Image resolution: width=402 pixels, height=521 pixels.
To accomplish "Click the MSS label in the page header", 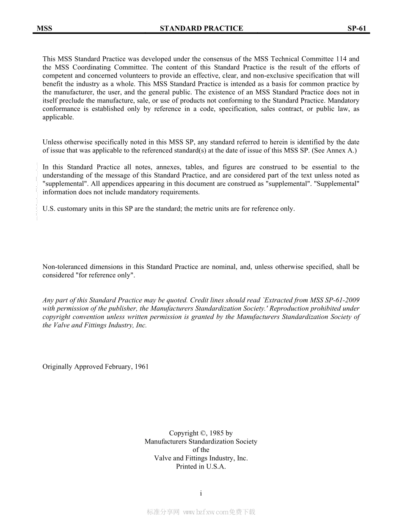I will pos(44,28).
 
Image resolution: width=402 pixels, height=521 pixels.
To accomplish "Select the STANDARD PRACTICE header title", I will pos(201,28).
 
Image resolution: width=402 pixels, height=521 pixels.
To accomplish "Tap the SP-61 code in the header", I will pos(357,28).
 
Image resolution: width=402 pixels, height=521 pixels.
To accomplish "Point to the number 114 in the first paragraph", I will pos(341,59).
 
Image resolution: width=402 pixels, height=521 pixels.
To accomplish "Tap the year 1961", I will pos(141,367).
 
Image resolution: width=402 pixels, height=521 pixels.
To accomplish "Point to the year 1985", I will pos(217,433).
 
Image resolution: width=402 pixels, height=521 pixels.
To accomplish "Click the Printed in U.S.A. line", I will pos(201,467).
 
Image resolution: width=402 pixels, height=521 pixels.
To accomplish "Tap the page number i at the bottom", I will pos(201,493).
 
